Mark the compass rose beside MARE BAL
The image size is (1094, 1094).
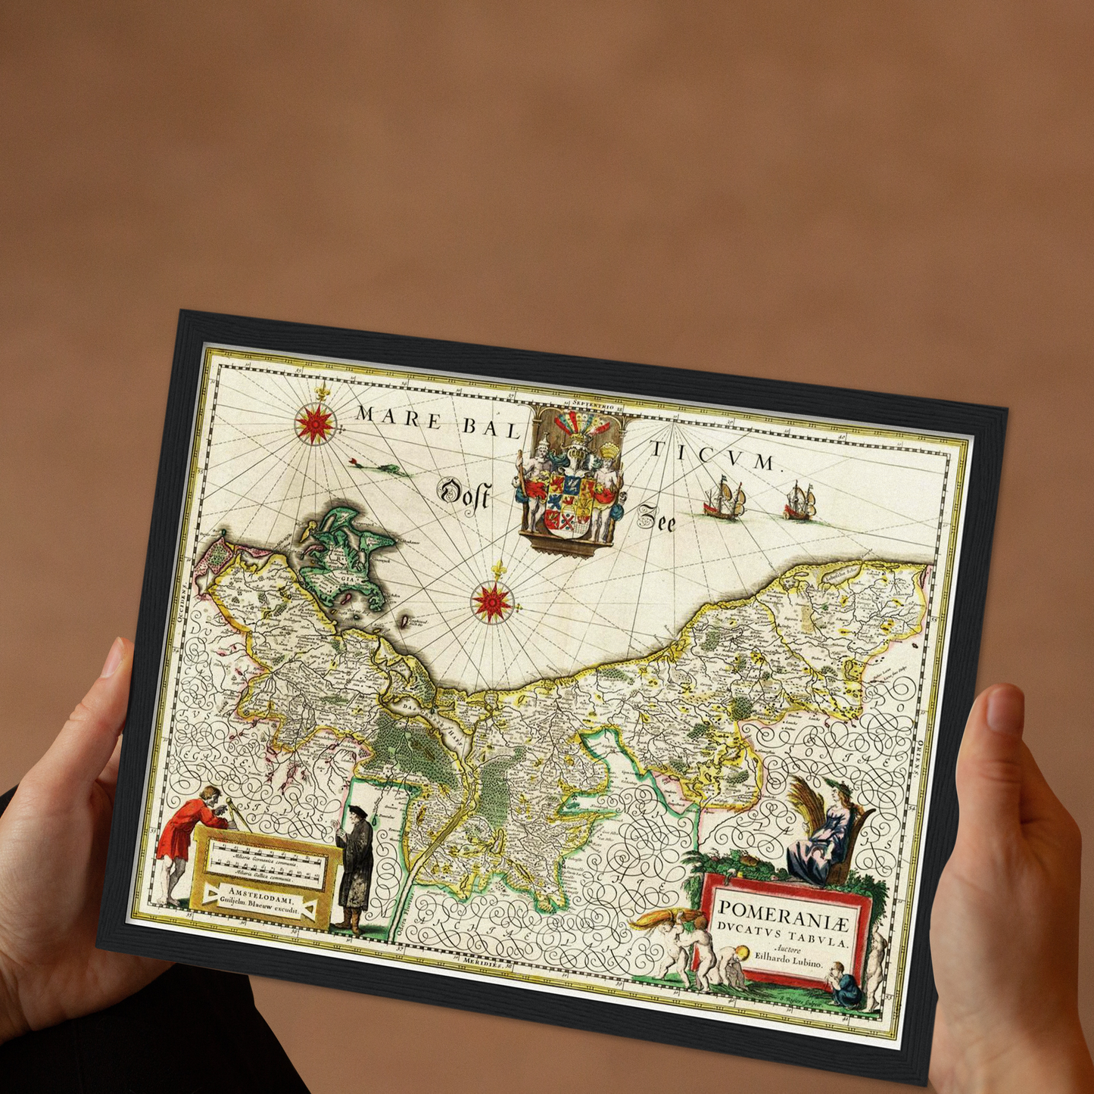[x=315, y=422]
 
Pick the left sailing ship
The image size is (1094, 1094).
[x=725, y=498]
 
